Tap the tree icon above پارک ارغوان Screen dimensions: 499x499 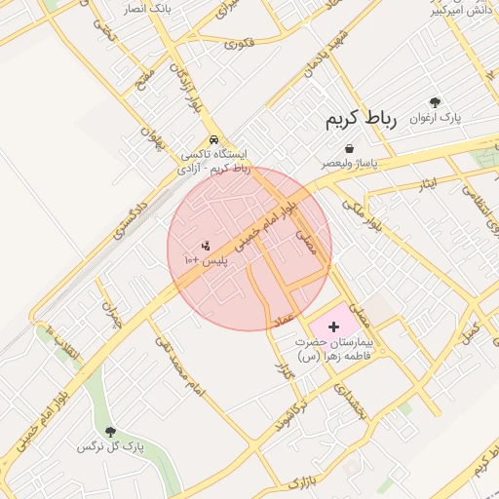pyautogui.click(x=435, y=102)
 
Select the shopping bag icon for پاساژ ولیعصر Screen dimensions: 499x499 pyautogui.click(x=349, y=149)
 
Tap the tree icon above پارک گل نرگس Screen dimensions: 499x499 pyautogui.click(x=109, y=431)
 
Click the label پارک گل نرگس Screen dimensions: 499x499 pyautogui.click(x=110, y=446)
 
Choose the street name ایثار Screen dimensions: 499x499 pyautogui.click(x=427, y=183)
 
